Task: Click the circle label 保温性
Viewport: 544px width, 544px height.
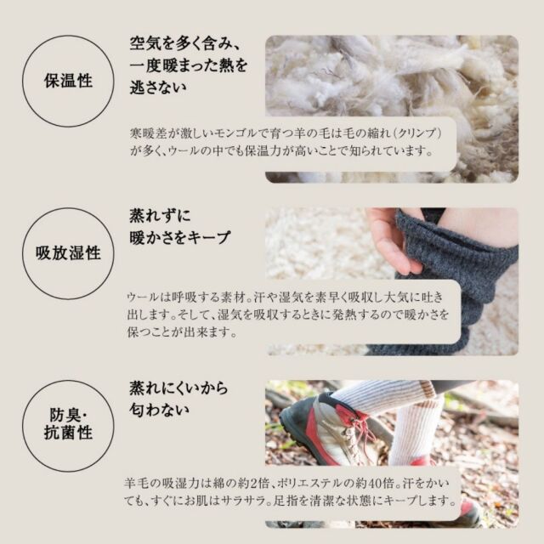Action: click(68, 81)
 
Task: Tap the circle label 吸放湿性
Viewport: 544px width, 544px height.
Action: click(68, 253)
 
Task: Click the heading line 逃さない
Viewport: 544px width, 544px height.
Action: click(158, 87)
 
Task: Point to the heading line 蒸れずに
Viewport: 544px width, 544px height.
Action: click(160, 215)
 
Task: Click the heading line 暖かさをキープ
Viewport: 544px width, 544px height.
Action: click(179, 238)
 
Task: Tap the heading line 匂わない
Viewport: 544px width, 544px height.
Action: click(159, 410)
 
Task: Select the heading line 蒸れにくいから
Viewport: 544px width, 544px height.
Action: click(178, 388)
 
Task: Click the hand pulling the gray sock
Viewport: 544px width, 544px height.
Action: click(393, 241)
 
